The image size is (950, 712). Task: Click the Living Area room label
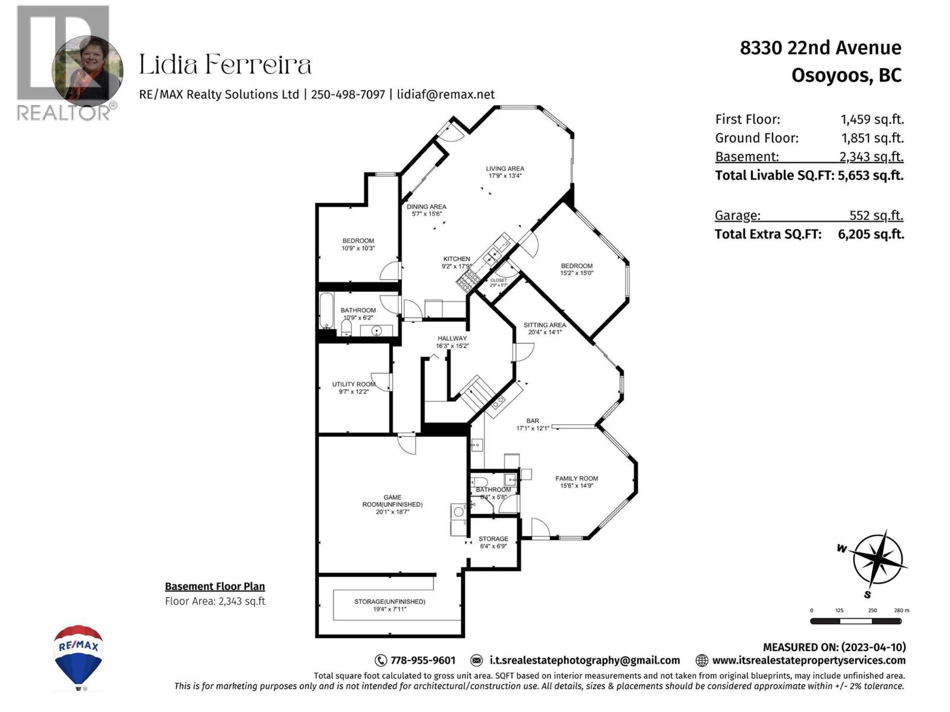point(505,169)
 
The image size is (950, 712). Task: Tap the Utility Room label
point(353,384)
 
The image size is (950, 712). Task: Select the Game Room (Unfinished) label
point(392,501)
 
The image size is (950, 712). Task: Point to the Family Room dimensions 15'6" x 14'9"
point(577,486)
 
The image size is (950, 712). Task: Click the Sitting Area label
point(544,325)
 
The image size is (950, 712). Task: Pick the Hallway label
point(452,338)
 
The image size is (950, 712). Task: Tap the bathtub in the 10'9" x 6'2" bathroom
point(326,310)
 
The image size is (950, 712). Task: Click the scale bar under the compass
point(856,621)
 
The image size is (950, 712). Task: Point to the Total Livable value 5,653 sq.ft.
point(870,176)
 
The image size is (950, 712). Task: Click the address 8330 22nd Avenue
point(820,47)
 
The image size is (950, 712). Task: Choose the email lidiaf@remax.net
point(445,94)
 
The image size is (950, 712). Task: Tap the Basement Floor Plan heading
point(214,586)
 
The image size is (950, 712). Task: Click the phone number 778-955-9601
point(422,660)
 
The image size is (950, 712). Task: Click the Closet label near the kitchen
point(498,280)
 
